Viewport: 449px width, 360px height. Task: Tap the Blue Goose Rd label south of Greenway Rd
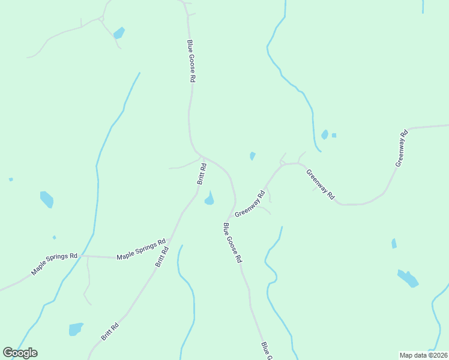click(232, 243)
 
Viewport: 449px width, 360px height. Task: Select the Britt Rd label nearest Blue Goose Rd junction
click(202, 175)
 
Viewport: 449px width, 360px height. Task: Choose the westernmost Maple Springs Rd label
click(55, 263)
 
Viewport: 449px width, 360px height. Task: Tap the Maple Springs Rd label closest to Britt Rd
click(141, 249)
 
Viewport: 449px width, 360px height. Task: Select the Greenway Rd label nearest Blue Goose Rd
click(250, 204)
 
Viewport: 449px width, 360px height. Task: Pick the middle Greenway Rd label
click(320, 185)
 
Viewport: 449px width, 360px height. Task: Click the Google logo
click(20, 353)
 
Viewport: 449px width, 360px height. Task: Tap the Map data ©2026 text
click(424, 355)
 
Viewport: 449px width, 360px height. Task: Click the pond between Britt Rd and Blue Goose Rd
click(209, 199)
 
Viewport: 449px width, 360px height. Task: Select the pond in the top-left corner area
click(119, 33)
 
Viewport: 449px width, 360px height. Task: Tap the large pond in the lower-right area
click(408, 278)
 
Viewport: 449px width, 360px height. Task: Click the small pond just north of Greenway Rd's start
click(252, 156)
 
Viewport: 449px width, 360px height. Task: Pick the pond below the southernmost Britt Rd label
click(76, 329)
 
